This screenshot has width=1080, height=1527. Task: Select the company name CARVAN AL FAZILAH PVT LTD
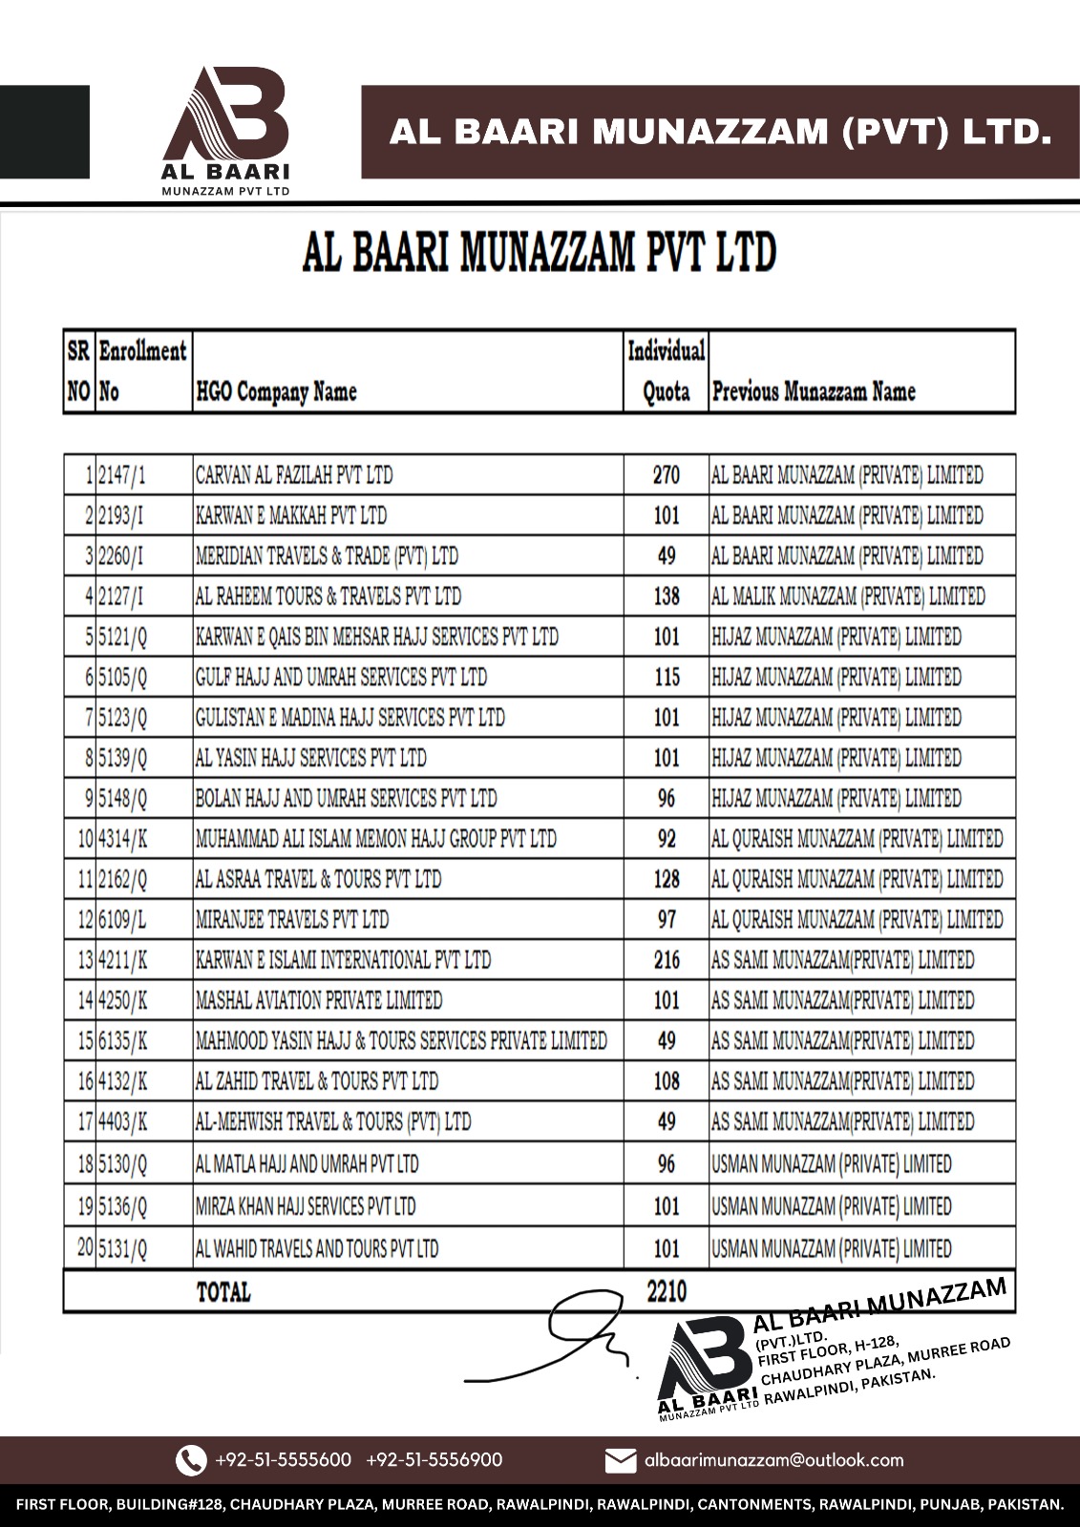tap(293, 475)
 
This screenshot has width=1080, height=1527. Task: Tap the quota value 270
tap(666, 475)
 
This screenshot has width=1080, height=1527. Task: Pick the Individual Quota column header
tap(666, 371)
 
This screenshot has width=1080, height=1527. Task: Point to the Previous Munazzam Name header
tap(814, 391)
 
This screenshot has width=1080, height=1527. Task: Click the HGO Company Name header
tap(275, 391)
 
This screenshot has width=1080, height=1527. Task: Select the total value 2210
tap(666, 1291)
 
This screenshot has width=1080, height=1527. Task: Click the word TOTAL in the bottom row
tap(223, 1292)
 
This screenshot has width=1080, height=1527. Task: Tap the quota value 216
tap(666, 960)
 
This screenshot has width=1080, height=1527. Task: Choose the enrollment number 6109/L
tap(123, 920)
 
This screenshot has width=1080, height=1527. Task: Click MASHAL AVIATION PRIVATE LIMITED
tap(319, 1000)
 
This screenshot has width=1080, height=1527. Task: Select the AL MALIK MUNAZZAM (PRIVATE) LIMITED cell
tap(848, 596)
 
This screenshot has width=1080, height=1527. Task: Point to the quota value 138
tap(666, 596)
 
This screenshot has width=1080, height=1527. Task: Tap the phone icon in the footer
tap(191, 1460)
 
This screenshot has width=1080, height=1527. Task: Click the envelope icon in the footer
tap(621, 1460)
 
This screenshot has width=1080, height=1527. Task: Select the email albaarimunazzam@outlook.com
tap(773, 1460)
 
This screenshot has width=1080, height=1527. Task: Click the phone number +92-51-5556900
tap(434, 1460)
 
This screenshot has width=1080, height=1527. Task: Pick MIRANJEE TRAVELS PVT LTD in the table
tap(292, 920)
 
